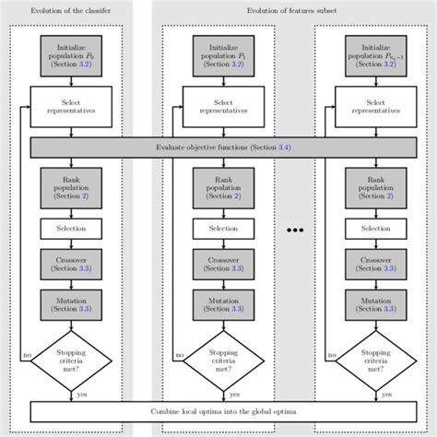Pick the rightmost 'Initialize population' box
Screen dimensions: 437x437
[x=375, y=55]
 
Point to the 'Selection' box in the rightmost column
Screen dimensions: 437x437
[x=375, y=228]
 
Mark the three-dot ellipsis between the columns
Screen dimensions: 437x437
[x=299, y=228]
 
